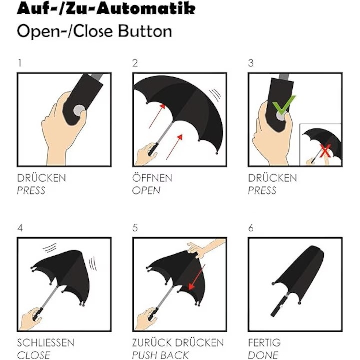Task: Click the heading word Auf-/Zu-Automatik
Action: point(106,9)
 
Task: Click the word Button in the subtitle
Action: point(145,31)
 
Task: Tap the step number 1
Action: point(20,63)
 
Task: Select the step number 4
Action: point(20,228)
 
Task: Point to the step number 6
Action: point(251,228)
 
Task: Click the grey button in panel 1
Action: point(79,110)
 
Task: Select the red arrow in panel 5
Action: point(197,277)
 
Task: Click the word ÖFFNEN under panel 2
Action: point(152,178)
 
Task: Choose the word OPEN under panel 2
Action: point(146,191)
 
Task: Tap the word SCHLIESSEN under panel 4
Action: point(46,343)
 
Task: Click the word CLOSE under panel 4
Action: point(34,355)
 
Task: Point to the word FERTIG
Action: point(264,343)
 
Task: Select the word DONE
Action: point(263,355)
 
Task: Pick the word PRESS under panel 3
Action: point(262,191)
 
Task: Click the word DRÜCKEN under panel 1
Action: point(42,178)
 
